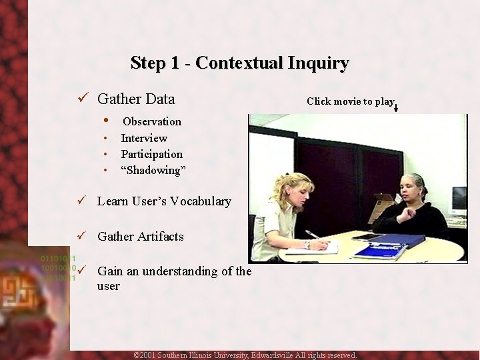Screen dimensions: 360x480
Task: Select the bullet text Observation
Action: [152, 121]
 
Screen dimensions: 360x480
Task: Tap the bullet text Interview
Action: [144, 138]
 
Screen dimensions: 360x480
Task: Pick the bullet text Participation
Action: [152, 154]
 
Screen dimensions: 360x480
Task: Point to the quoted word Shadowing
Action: [153, 170]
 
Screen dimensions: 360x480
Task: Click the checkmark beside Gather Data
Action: [83, 99]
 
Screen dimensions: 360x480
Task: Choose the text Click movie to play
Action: [350, 101]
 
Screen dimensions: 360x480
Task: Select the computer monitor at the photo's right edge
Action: [459, 199]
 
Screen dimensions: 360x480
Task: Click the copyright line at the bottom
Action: [245, 355]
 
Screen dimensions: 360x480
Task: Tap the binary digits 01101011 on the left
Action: [58, 258]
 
